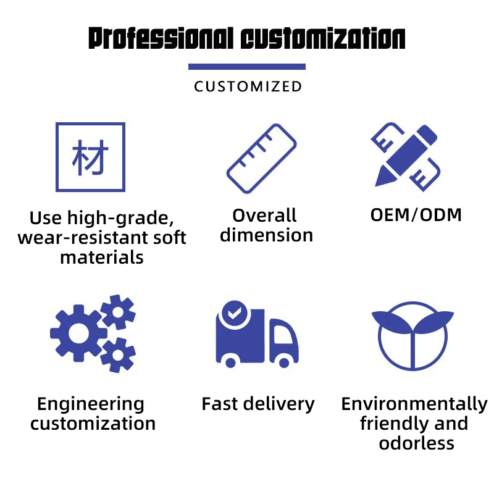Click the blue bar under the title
click(247, 67)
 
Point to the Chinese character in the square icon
click(90, 157)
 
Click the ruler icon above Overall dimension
click(262, 158)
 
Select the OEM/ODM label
click(416, 215)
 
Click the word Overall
click(264, 216)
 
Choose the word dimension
click(267, 235)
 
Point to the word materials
click(102, 257)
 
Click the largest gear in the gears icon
click(79, 333)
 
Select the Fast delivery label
click(258, 404)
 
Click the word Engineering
click(90, 404)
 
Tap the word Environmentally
click(414, 404)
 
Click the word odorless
click(416, 443)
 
